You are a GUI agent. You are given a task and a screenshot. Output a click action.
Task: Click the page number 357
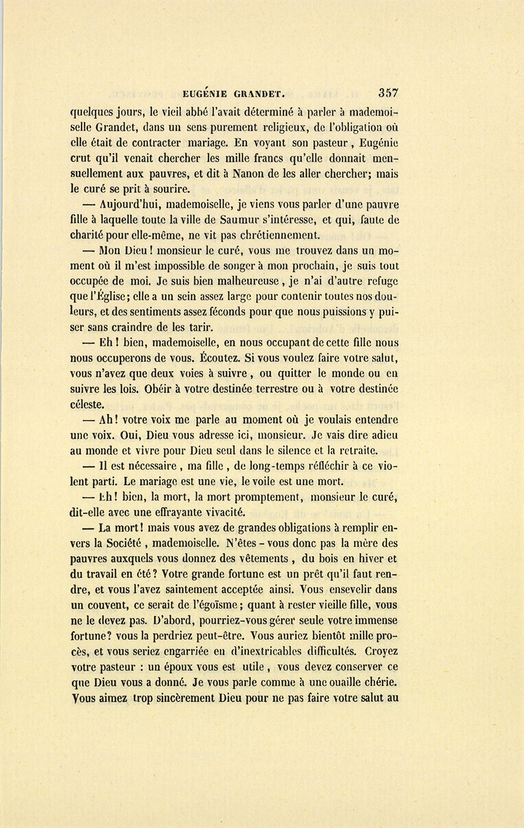pos(388,92)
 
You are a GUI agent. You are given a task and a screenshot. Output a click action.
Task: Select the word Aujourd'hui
pos(129,205)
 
